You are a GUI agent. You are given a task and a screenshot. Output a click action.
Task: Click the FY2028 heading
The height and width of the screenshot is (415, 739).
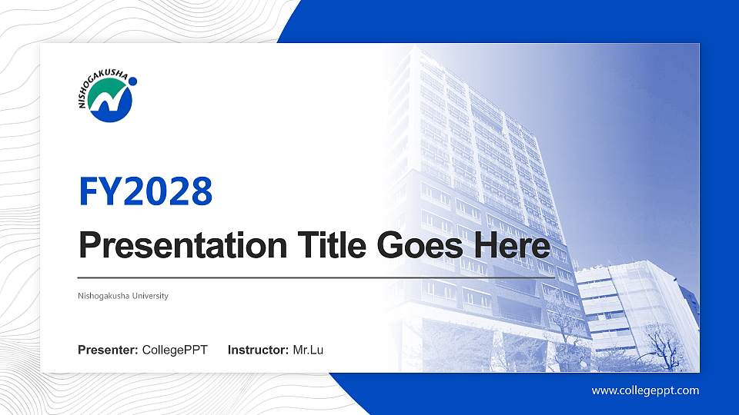click(x=145, y=192)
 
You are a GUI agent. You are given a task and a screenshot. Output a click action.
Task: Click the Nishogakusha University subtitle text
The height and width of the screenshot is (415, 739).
click(x=123, y=296)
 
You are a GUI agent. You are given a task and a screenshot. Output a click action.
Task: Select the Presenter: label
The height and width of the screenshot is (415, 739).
click(x=109, y=350)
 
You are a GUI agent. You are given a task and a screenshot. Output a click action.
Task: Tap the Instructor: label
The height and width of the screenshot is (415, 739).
click(x=259, y=350)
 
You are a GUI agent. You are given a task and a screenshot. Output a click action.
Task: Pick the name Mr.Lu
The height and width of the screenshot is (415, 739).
click(x=308, y=350)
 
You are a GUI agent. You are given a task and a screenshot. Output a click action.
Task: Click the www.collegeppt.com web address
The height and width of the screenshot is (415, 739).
click(x=645, y=390)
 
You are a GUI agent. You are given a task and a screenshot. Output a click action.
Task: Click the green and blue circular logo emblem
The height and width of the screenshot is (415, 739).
click(x=110, y=101)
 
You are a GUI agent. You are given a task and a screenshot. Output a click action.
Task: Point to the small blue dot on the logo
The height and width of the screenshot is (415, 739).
click(x=133, y=80)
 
